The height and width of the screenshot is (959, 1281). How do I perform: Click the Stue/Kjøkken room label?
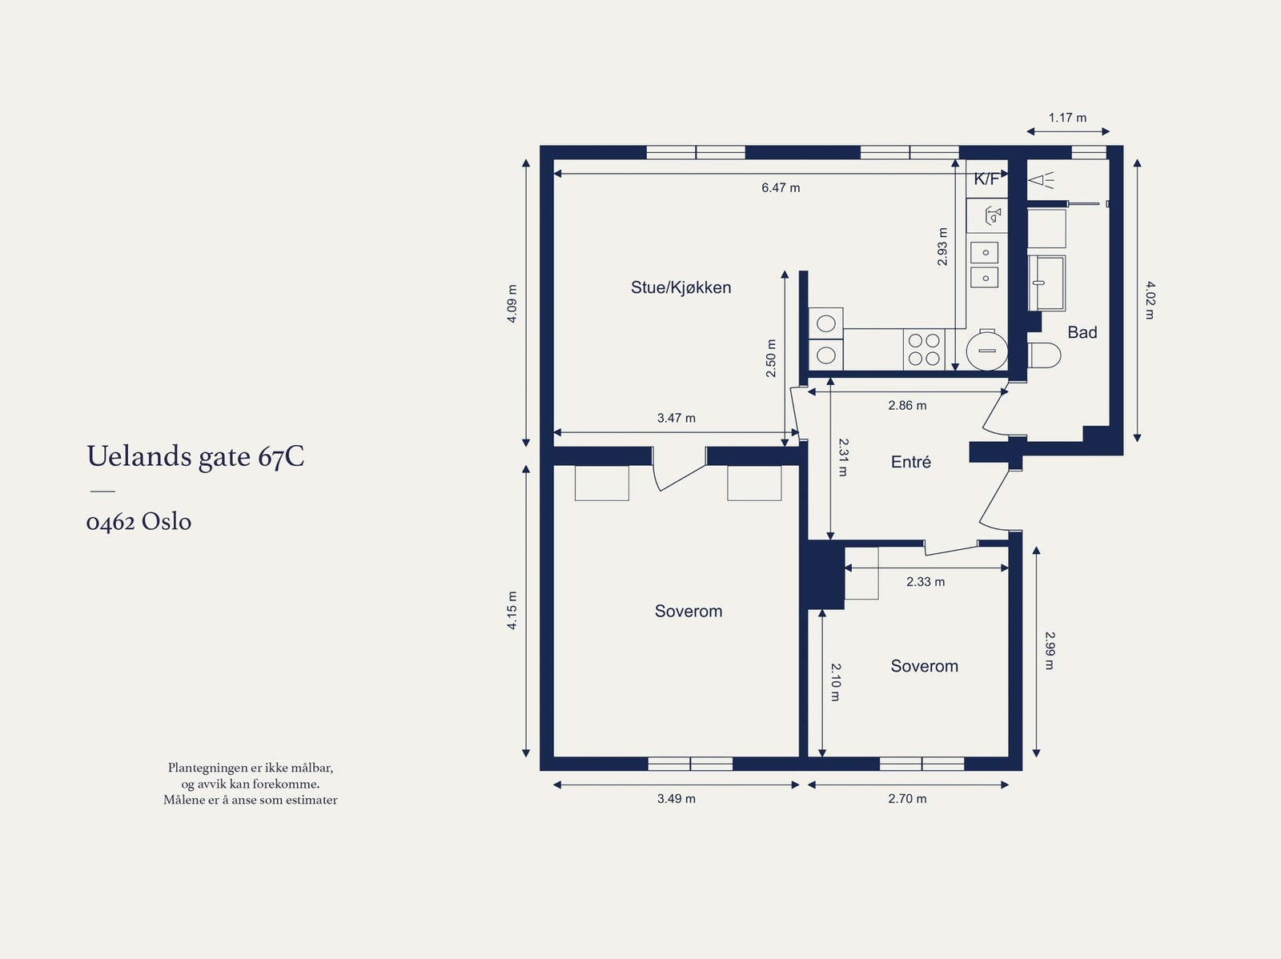pyautogui.click(x=681, y=287)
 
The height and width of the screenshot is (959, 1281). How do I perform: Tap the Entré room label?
pyautogui.click(x=910, y=462)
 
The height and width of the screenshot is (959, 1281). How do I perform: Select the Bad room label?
pyautogui.click(x=1082, y=332)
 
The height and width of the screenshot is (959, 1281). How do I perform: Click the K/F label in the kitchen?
pyautogui.click(x=986, y=179)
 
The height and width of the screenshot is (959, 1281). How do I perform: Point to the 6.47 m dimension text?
pyautogui.click(x=781, y=188)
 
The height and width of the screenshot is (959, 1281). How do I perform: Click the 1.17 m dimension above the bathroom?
pyautogui.click(x=1067, y=118)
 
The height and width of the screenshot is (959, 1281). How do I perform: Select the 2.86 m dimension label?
pyautogui.click(x=907, y=405)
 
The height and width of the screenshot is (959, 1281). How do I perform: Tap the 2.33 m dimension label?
pyautogui.click(x=925, y=582)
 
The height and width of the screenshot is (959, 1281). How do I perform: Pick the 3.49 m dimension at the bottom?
pyautogui.click(x=676, y=799)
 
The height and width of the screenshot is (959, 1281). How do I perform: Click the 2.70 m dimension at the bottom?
pyautogui.click(x=907, y=799)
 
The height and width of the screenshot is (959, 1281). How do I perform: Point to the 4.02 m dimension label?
pyautogui.click(x=1150, y=300)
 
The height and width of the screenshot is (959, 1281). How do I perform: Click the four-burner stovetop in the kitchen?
pyautogui.click(x=924, y=349)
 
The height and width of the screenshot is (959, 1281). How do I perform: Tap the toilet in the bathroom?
pyautogui.click(x=1043, y=355)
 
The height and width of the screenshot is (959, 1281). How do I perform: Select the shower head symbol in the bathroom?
pyautogui.click(x=1042, y=180)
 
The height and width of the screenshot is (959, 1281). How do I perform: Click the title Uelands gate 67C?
pyautogui.click(x=195, y=457)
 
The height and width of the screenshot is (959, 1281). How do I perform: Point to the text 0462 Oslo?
pyautogui.click(x=139, y=521)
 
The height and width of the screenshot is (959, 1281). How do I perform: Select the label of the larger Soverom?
pyautogui.click(x=688, y=611)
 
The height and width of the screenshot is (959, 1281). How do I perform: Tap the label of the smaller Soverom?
pyautogui.click(x=924, y=666)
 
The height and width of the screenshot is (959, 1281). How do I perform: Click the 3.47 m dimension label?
pyautogui.click(x=676, y=418)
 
